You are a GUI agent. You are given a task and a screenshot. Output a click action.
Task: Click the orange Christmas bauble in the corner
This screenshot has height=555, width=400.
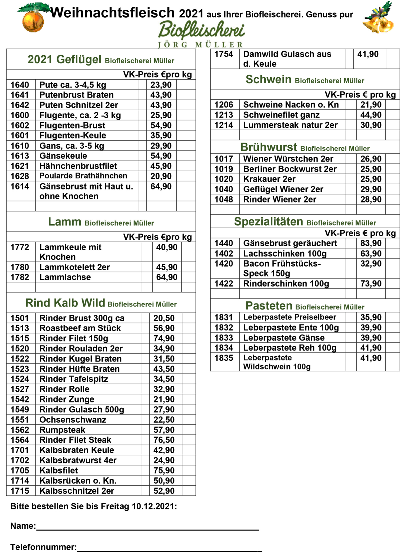(x=33, y=21)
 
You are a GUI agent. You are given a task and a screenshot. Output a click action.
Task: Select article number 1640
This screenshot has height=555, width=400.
(x=20, y=85)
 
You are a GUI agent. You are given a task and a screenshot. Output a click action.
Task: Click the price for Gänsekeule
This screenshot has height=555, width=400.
(x=161, y=156)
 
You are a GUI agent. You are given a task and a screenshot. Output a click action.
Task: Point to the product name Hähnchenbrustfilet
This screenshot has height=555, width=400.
(x=78, y=166)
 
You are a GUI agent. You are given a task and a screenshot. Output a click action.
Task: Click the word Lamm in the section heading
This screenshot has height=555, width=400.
(x=64, y=222)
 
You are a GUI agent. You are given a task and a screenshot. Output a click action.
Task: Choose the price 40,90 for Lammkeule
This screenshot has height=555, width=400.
(x=167, y=247)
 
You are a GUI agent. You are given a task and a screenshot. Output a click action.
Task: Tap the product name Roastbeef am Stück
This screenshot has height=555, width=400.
(x=80, y=328)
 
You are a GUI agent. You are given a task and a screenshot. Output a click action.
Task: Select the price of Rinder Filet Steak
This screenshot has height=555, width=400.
(x=164, y=440)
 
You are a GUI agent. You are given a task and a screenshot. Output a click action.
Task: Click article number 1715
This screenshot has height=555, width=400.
(x=20, y=491)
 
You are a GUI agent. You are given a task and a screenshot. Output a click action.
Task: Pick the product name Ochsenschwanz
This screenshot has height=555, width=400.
(x=73, y=420)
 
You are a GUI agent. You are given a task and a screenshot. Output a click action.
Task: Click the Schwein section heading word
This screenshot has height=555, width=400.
(x=268, y=80)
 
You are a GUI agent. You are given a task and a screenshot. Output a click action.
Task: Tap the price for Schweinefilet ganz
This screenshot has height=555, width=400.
(x=371, y=115)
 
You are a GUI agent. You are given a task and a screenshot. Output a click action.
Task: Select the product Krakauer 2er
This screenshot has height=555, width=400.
(x=269, y=179)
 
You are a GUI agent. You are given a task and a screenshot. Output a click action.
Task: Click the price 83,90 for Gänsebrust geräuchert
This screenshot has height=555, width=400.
(x=371, y=243)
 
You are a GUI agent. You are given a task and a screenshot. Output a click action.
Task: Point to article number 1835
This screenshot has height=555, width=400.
(x=224, y=358)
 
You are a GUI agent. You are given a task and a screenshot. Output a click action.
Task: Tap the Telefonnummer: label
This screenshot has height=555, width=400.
(x=43, y=547)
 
